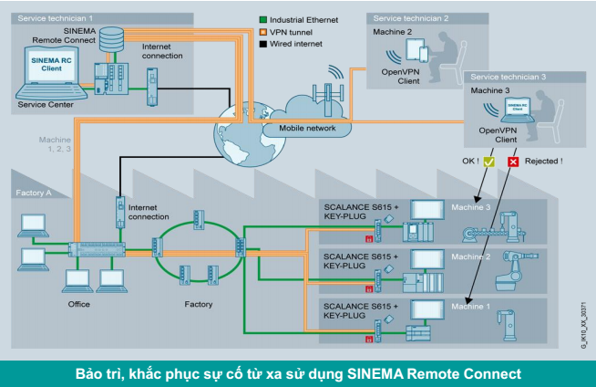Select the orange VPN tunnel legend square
(262, 32)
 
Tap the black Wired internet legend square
(262, 43)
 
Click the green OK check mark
(489, 162)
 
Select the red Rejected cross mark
(513, 162)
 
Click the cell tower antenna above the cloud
(322, 95)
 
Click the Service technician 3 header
(506, 77)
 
